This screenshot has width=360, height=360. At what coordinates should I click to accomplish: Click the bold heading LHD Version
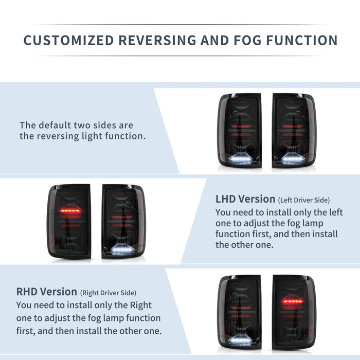[x=245, y=199]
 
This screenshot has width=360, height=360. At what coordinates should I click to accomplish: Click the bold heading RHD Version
[x=47, y=292]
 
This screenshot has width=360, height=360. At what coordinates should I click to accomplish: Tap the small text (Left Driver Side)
[x=303, y=200]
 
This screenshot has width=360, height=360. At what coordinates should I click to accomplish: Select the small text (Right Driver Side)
[x=108, y=293]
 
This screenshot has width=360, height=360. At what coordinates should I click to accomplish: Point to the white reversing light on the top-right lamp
[x=294, y=160]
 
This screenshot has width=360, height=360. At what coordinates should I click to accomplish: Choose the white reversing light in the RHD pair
[x=240, y=341]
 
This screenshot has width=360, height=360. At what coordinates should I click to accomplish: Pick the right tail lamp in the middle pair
[x=123, y=221]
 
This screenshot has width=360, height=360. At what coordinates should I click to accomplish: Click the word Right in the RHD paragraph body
[x=140, y=305]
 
